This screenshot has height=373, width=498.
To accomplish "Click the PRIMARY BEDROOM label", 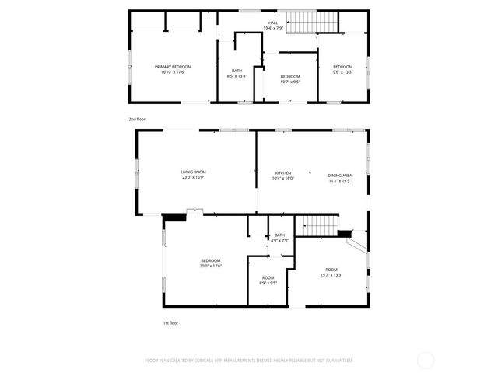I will click(x=173, y=67).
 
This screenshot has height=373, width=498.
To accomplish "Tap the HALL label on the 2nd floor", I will click(x=273, y=23).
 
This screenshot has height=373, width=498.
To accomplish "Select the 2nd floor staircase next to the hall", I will click(x=314, y=23).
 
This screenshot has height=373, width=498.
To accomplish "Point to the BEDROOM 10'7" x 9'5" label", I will click(x=289, y=78).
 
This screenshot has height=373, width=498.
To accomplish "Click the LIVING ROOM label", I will click(x=193, y=172).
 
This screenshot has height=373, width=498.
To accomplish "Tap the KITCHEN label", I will click(x=283, y=173).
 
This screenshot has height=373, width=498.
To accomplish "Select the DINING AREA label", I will click(x=340, y=175).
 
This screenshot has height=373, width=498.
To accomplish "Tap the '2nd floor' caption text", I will click(x=137, y=119).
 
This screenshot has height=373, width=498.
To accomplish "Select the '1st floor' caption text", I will click(x=170, y=322).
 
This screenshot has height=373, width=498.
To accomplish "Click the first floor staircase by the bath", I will click(x=319, y=225).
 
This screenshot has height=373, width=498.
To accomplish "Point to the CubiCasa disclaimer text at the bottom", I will click(x=249, y=360).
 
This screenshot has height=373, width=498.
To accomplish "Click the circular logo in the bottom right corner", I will click(x=425, y=360).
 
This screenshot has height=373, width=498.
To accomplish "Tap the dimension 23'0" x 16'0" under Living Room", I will click(x=193, y=177).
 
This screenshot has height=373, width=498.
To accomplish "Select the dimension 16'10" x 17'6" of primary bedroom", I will click(x=173, y=71).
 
